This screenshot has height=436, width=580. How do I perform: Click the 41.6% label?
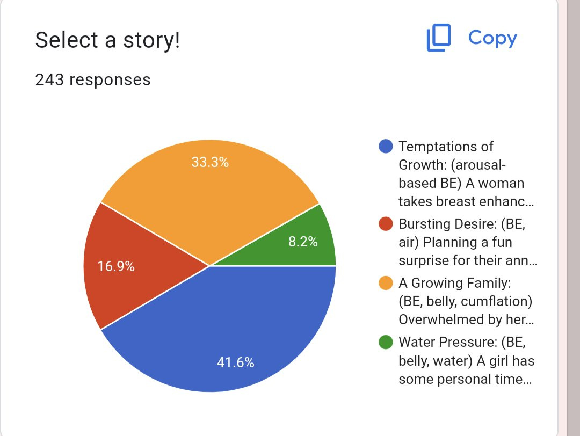[x=236, y=362]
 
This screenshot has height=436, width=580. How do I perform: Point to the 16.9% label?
[x=116, y=266]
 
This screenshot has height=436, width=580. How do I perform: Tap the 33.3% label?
[x=210, y=162]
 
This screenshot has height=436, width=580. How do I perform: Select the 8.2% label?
[x=303, y=242]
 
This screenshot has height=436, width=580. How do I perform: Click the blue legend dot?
[x=386, y=147]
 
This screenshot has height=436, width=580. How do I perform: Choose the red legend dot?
[x=386, y=224]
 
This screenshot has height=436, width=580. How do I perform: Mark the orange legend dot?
[x=386, y=283]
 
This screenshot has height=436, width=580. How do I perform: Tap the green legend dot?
[x=386, y=342]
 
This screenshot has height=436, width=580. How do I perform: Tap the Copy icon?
[x=439, y=38]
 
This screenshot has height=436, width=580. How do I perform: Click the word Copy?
[x=492, y=39]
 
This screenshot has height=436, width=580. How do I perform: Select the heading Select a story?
[x=107, y=40]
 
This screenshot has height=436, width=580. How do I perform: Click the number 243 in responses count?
[x=49, y=80]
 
